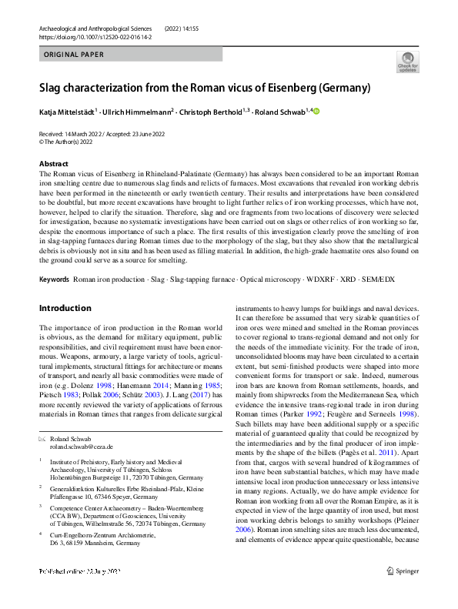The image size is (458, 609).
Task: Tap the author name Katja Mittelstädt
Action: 67,112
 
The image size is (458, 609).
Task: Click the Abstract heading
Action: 55,164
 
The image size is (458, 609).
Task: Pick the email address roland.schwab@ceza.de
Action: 81,447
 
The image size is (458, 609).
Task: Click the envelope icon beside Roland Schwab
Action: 42,438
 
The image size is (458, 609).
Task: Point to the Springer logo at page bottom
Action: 402,593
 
